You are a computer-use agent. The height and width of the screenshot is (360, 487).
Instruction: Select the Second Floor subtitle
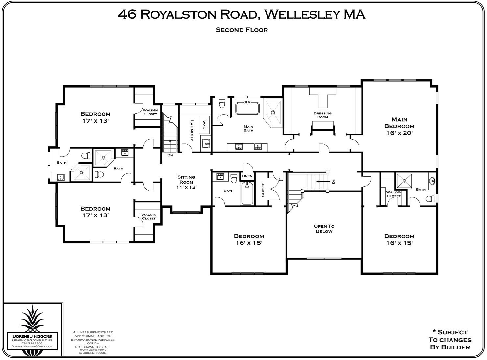[242, 30]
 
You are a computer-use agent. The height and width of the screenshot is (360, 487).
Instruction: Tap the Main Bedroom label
[399, 123]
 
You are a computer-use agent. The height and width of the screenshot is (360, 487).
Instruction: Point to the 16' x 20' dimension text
[399, 133]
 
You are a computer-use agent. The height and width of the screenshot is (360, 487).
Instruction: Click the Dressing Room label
[322, 115]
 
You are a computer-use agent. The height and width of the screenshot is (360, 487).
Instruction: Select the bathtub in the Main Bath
[247, 108]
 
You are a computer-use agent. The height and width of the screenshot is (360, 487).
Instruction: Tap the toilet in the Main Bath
[221, 104]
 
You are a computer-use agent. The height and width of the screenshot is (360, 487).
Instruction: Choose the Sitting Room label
[186, 179]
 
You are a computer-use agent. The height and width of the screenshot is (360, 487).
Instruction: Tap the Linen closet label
[247, 176]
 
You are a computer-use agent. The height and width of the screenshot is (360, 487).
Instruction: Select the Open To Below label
[324, 229]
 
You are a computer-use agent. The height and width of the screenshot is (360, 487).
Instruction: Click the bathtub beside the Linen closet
[247, 194]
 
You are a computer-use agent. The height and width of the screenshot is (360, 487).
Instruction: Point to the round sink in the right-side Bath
[432, 181]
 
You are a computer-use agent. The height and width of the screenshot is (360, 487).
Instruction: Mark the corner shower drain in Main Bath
[272, 112]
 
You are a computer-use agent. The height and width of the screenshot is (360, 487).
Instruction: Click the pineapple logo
[33, 319]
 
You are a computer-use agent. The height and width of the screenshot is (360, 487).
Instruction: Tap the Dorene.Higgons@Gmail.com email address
[32, 346]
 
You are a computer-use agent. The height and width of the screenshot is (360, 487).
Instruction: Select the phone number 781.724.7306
[32, 343]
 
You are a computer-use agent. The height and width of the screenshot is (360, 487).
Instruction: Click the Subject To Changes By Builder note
[450, 340]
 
